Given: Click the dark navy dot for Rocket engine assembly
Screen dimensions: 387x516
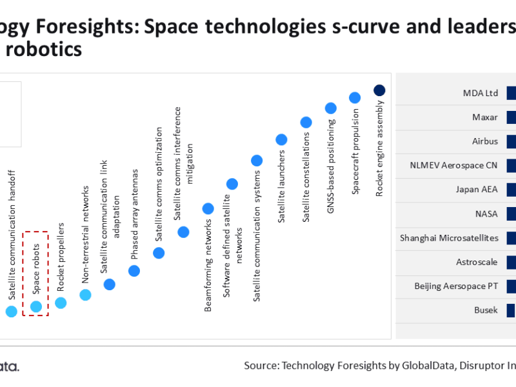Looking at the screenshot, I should coord(379,90).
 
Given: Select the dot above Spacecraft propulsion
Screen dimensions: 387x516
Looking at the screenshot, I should coord(355,97).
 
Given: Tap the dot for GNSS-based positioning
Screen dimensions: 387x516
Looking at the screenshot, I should coord(330,108).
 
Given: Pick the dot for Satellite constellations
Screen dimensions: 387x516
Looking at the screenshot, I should coord(306,122).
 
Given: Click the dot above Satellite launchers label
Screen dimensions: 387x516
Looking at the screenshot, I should coord(281,139).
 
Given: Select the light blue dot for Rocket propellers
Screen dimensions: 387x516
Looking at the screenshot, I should coord(61,303).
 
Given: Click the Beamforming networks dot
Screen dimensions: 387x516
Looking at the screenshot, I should coord(208,208).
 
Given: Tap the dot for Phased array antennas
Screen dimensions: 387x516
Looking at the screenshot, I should coord(134,271).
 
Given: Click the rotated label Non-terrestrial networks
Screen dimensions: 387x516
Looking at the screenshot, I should coord(85,235).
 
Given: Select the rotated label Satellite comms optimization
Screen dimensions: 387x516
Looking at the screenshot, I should coord(159,184).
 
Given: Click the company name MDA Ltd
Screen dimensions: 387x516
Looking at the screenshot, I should coord(481,93).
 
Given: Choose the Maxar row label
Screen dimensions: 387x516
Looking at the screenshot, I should coord(484,117).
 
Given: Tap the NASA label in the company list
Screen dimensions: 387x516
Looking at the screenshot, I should coord(486,213).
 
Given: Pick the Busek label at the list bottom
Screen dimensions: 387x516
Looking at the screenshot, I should coord(486,310).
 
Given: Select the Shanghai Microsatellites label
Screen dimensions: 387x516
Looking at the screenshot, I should coord(449,238).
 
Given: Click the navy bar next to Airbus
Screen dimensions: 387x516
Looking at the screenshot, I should coord(511,141).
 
